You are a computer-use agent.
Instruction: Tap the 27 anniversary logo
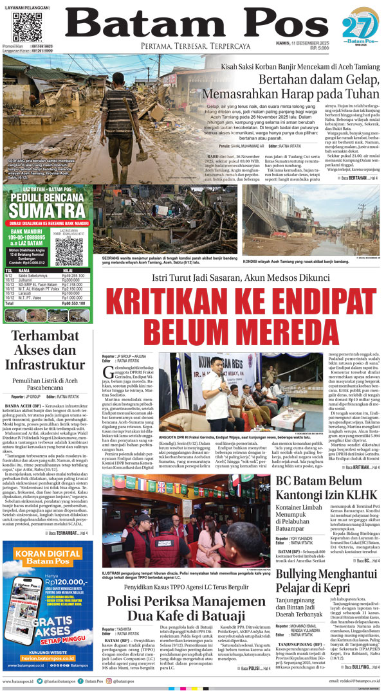click(x=355, y=29)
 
